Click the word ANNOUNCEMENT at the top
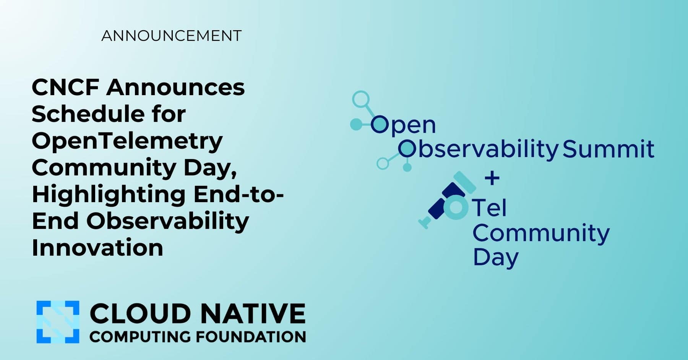[171, 36]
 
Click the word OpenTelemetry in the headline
[127, 141]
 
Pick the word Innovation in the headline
[97, 248]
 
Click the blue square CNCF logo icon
[58, 322]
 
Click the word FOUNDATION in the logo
[251, 337]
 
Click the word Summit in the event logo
[608, 149]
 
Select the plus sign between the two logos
[492, 178]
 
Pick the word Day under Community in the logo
[496, 258]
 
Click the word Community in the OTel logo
[541, 233]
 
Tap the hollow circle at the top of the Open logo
[360, 99]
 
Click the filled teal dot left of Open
[356, 124]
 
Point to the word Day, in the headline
[210, 168]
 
